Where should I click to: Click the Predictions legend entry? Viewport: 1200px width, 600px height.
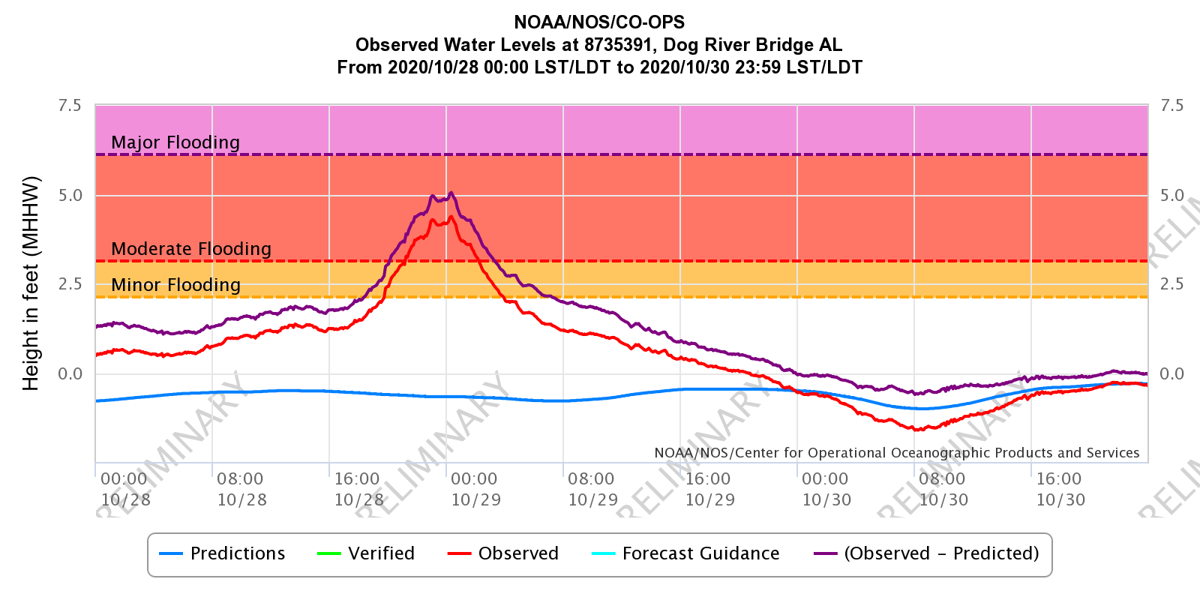pos(223,553)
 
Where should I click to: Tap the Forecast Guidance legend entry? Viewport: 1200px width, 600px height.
pos(686,553)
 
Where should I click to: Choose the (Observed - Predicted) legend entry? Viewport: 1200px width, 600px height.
pos(927,553)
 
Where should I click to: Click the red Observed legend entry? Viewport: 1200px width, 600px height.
pos(503,553)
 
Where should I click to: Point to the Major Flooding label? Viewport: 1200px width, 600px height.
pos(175,142)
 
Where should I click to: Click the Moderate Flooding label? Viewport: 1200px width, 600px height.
pos(191,249)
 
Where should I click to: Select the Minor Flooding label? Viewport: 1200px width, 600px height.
pos(176,285)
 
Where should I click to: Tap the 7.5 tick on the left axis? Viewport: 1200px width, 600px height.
pos(70,106)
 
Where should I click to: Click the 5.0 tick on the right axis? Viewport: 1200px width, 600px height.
pos(1172,196)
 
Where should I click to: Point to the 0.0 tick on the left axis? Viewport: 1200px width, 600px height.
pos(70,374)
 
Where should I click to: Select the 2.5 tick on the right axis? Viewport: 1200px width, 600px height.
pos(1172,284)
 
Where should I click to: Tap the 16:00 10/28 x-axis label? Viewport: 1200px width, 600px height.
pos(358,489)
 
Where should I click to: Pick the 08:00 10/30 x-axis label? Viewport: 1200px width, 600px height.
pos(943,489)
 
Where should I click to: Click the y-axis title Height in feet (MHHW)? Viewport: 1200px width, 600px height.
pos(31,283)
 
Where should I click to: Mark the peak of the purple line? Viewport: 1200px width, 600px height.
pos(451,193)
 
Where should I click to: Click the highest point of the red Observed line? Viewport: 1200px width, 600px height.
pos(451,217)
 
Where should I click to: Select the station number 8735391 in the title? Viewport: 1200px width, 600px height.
pos(619,45)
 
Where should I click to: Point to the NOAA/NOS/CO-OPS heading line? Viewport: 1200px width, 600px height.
pos(599,22)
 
